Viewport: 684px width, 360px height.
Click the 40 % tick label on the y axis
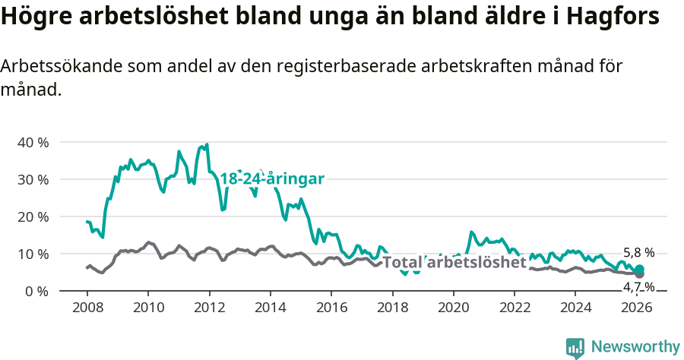click(x=33, y=142)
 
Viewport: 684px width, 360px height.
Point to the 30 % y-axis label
click(x=33, y=179)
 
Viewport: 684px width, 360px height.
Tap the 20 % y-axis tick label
click(x=33, y=216)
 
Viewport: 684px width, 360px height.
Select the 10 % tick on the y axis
click(x=33, y=254)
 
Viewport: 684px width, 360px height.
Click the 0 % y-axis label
click(x=36, y=291)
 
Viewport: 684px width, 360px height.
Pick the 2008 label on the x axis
click(x=87, y=308)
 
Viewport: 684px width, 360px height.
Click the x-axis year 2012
click(x=209, y=308)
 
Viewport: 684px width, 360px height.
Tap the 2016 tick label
click(x=331, y=308)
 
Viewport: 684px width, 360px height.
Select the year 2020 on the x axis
click(x=454, y=308)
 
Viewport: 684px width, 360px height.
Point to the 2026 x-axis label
click(x=637, y=308)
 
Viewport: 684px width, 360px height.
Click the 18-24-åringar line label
click(x=272, y=178)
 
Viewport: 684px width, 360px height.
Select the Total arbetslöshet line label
click(x=454, y=263)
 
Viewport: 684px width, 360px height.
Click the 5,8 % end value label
click(x=638, y=253)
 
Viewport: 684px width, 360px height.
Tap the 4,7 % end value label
click(x=638, y=286)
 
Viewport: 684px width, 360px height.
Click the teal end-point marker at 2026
click(x=640, y=269)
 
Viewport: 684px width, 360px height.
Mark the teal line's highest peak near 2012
click(x=207, y=144)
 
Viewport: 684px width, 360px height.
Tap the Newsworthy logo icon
click(x=575, y=347)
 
